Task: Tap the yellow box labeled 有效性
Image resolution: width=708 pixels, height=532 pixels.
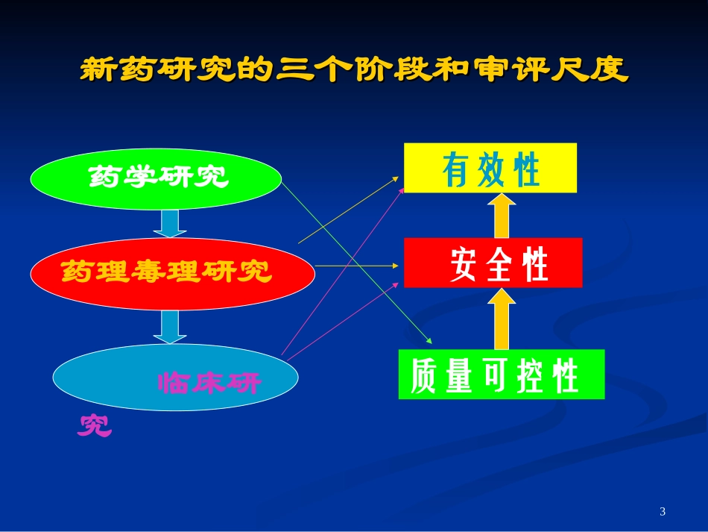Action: click(490, 169)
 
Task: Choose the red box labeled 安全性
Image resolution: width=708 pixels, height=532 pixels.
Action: click(493, 263)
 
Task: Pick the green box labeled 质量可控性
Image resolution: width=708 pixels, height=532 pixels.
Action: click(501, 375)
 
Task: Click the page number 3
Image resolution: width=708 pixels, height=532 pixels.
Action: click(663, 511)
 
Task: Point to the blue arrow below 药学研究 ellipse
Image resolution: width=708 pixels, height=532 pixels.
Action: click(171, 223)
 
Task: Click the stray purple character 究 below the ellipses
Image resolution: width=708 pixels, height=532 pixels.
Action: click(95, 425)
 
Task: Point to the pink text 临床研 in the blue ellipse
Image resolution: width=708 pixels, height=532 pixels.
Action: click(209, 384)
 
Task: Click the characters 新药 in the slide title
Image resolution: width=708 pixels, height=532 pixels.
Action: click(105, 71)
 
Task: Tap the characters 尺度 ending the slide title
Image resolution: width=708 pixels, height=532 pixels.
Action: click(603, 71)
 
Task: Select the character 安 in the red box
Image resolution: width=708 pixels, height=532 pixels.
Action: click(464, 265)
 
